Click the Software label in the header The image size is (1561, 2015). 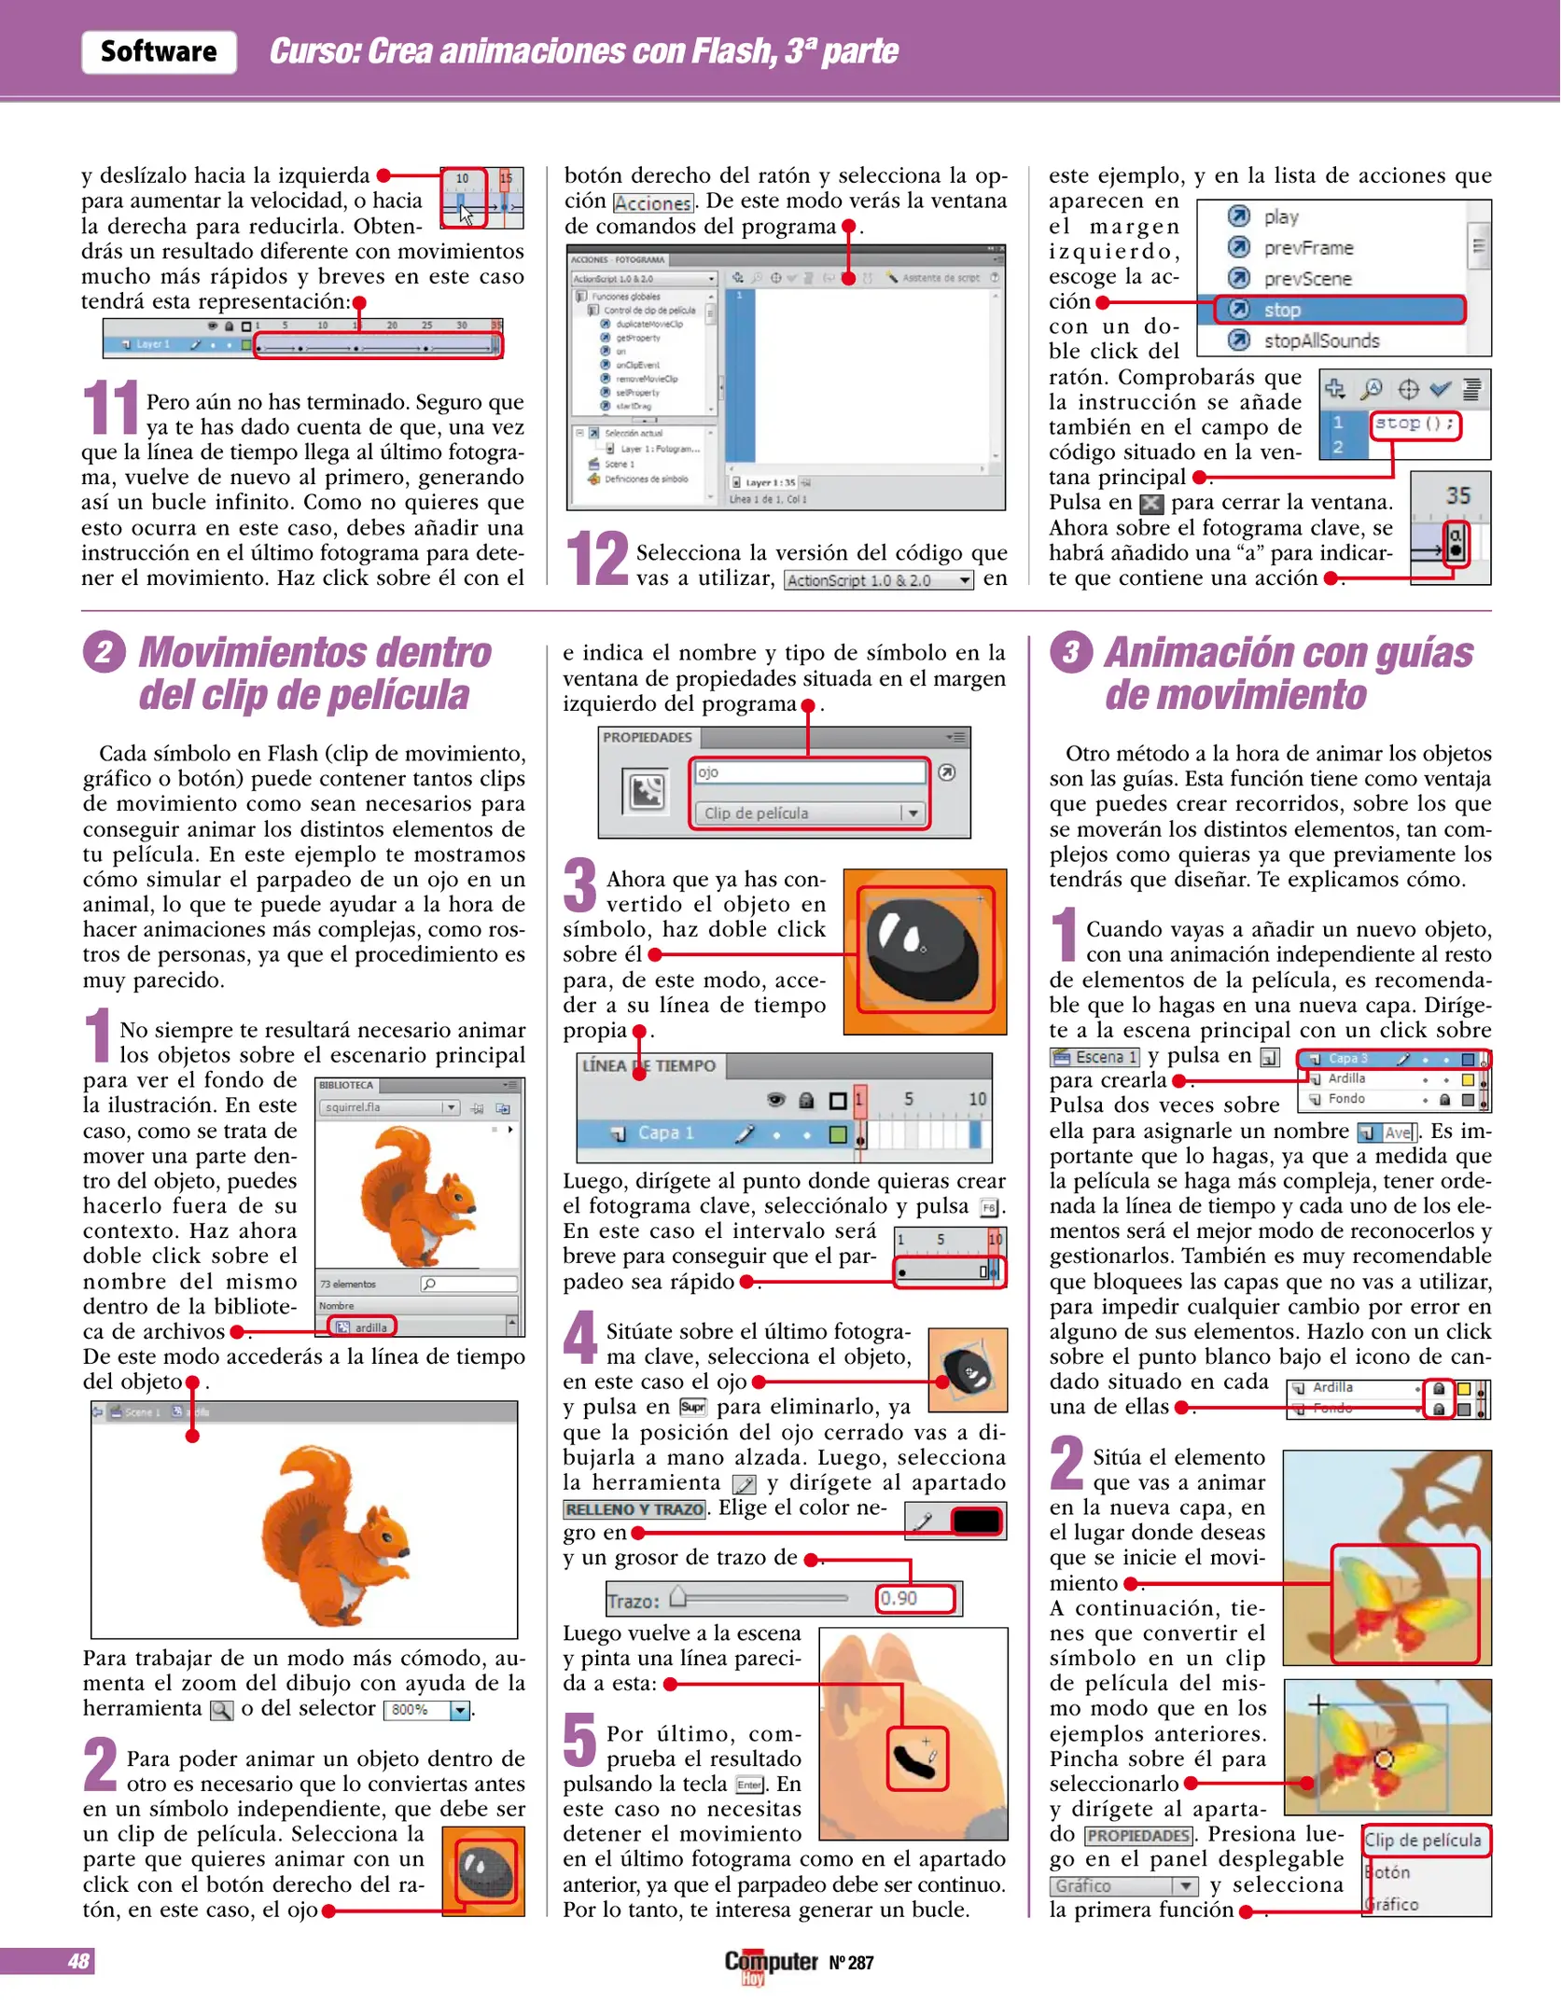pos(159,51)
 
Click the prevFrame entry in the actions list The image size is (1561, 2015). pos(1307,248)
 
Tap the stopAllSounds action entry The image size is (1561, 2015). pos(1320,340)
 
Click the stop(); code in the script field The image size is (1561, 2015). pos(1414,424)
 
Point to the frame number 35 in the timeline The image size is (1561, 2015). pos(1457,495)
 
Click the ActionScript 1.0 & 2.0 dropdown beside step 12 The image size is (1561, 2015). pos(878,580)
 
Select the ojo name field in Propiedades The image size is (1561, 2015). pos(808,772)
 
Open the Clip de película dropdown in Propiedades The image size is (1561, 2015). pos(808,813)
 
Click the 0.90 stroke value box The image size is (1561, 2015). pos(914,1599)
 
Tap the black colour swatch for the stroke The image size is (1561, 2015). pos(976,1522)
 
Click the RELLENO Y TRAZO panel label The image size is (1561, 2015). pos(634,1509)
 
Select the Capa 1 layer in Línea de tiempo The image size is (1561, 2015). pos(665,1133)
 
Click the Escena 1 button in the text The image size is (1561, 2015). pos(1094,1057)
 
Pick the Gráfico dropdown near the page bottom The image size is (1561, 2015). pos(1122,1886)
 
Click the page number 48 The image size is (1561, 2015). pos(78,1962)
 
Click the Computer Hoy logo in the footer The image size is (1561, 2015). pos(771,1964)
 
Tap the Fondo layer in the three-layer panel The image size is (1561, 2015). pos(1346,1099)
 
